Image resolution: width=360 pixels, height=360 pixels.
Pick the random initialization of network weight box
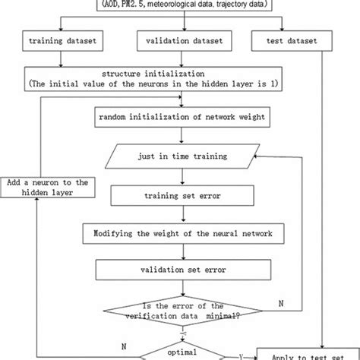[x=181, y=118]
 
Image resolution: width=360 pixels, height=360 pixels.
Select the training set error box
[x=182, y=195]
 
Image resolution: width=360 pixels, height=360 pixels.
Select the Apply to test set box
[x=308, y=352]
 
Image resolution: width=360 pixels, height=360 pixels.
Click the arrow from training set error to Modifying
[x=181, y=213]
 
